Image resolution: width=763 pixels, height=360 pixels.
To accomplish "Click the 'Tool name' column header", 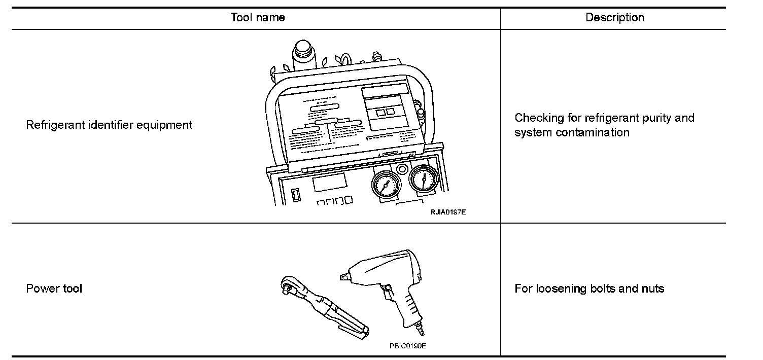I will [258, 18].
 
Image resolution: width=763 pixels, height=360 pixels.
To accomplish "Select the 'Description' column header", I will [614, 18].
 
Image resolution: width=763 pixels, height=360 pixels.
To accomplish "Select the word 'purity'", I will [653, 118].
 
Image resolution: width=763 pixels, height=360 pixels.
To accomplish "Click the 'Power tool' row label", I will [54, 289].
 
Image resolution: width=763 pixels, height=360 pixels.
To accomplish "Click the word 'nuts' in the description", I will [652, 289].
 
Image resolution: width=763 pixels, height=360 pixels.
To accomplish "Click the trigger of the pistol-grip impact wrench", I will [388, 294].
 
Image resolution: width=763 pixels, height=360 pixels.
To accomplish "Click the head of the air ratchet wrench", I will [288, 287].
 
